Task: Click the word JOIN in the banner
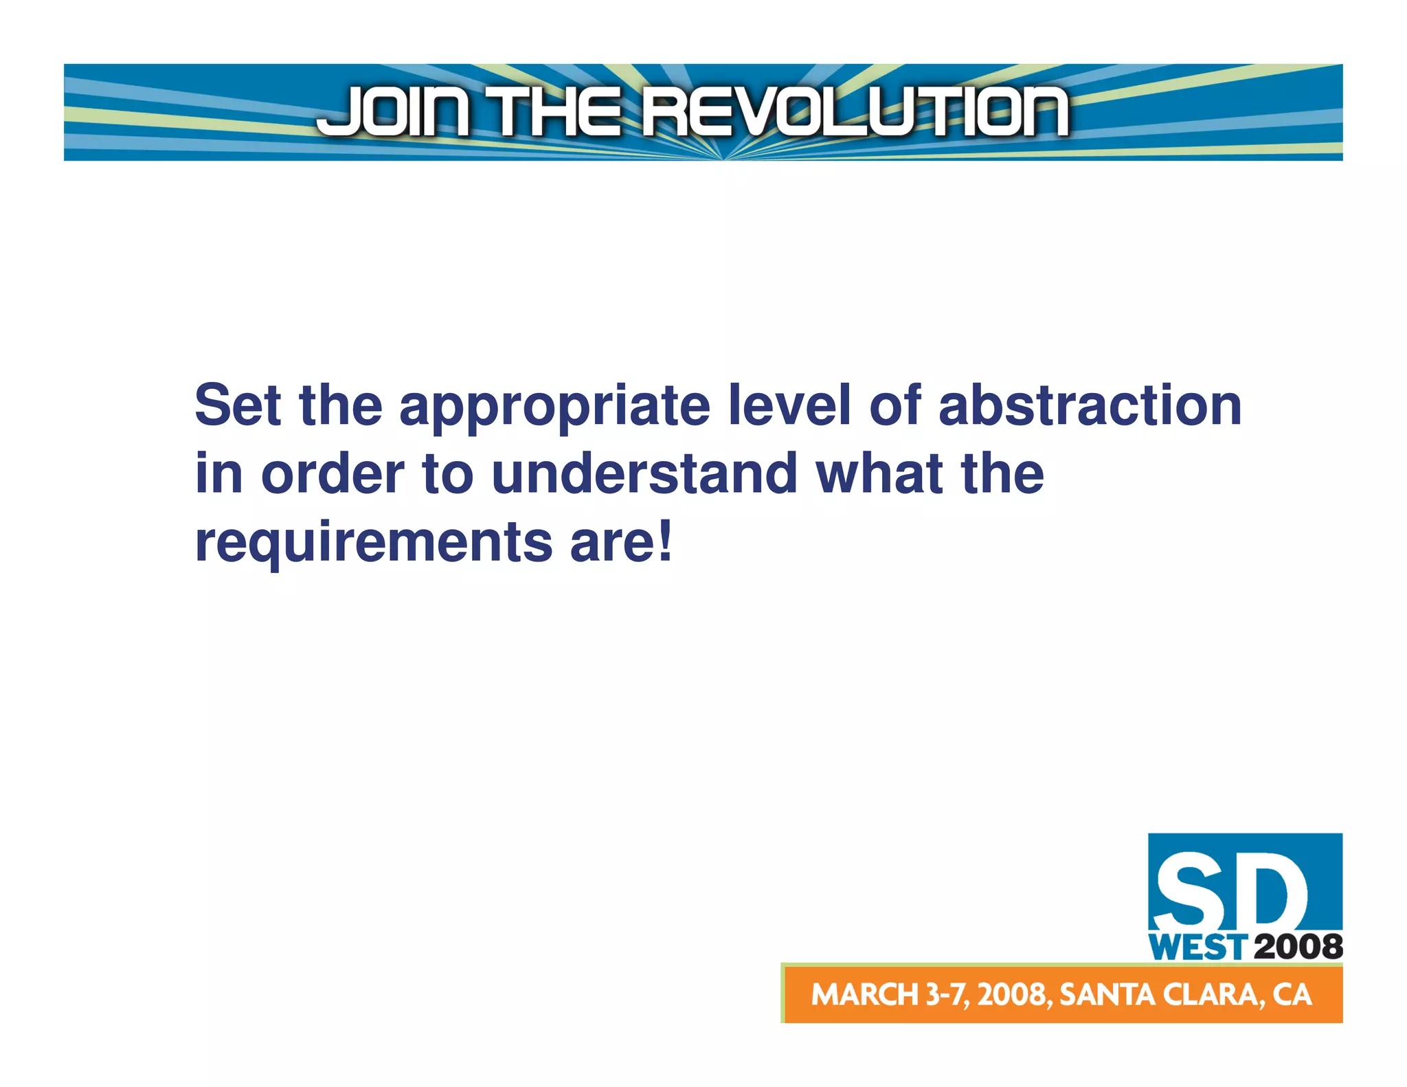393,111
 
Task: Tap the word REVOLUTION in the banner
855,111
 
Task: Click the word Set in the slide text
238,405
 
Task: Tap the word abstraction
1090,405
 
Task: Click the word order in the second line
333,474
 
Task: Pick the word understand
644,474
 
